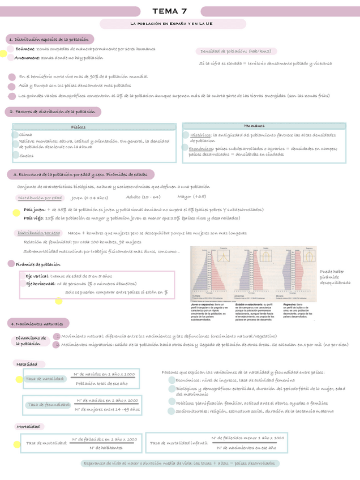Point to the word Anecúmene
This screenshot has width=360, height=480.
[x=27, y=58]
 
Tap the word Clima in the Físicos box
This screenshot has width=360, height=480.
[x=25, y=135]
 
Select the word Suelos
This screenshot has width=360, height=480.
[x=26, y=155]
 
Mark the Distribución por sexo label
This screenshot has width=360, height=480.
[x=39, y=233]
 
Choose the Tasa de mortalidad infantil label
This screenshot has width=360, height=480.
[x=175, y=443]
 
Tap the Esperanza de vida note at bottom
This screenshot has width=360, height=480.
[x=180, y=463]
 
